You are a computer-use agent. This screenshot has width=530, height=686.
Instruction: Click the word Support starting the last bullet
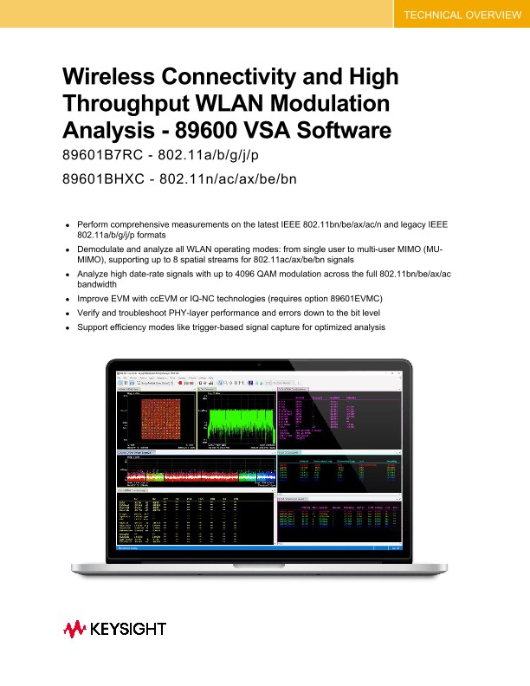[94, 327]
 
